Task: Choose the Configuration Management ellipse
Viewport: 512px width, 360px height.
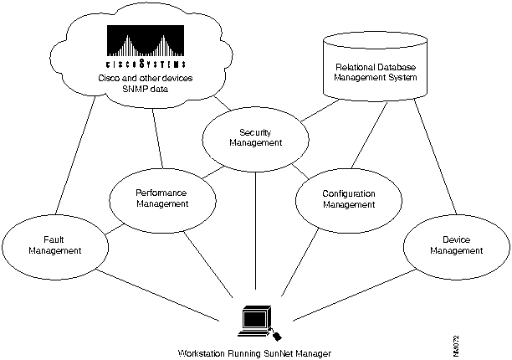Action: coord(348,198)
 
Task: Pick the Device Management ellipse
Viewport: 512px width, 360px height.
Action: coord(455,244)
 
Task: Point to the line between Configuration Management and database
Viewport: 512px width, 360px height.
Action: coord(371,138)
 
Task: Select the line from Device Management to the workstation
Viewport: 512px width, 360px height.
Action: coord(347,295)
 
